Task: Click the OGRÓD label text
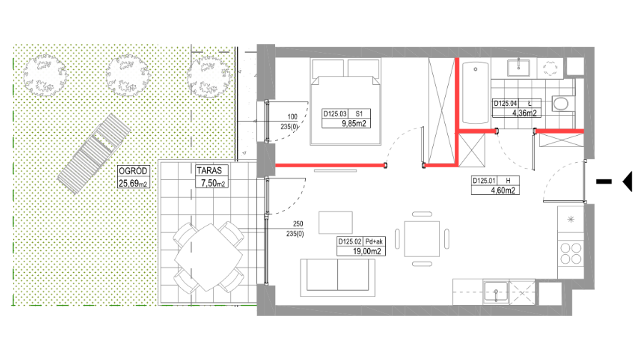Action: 133,171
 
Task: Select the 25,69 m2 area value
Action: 133,183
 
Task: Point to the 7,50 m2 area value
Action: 212,183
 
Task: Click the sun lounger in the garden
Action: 94,154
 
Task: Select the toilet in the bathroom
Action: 562,103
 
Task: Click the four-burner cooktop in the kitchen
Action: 570,253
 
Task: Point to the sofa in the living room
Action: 337,277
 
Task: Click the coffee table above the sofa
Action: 335,222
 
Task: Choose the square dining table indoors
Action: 422,239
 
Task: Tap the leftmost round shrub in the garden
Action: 45,76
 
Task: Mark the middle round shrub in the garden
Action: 128,76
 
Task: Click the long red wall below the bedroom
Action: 329,165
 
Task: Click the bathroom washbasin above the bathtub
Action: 518,67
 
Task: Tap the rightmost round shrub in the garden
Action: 209,77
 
